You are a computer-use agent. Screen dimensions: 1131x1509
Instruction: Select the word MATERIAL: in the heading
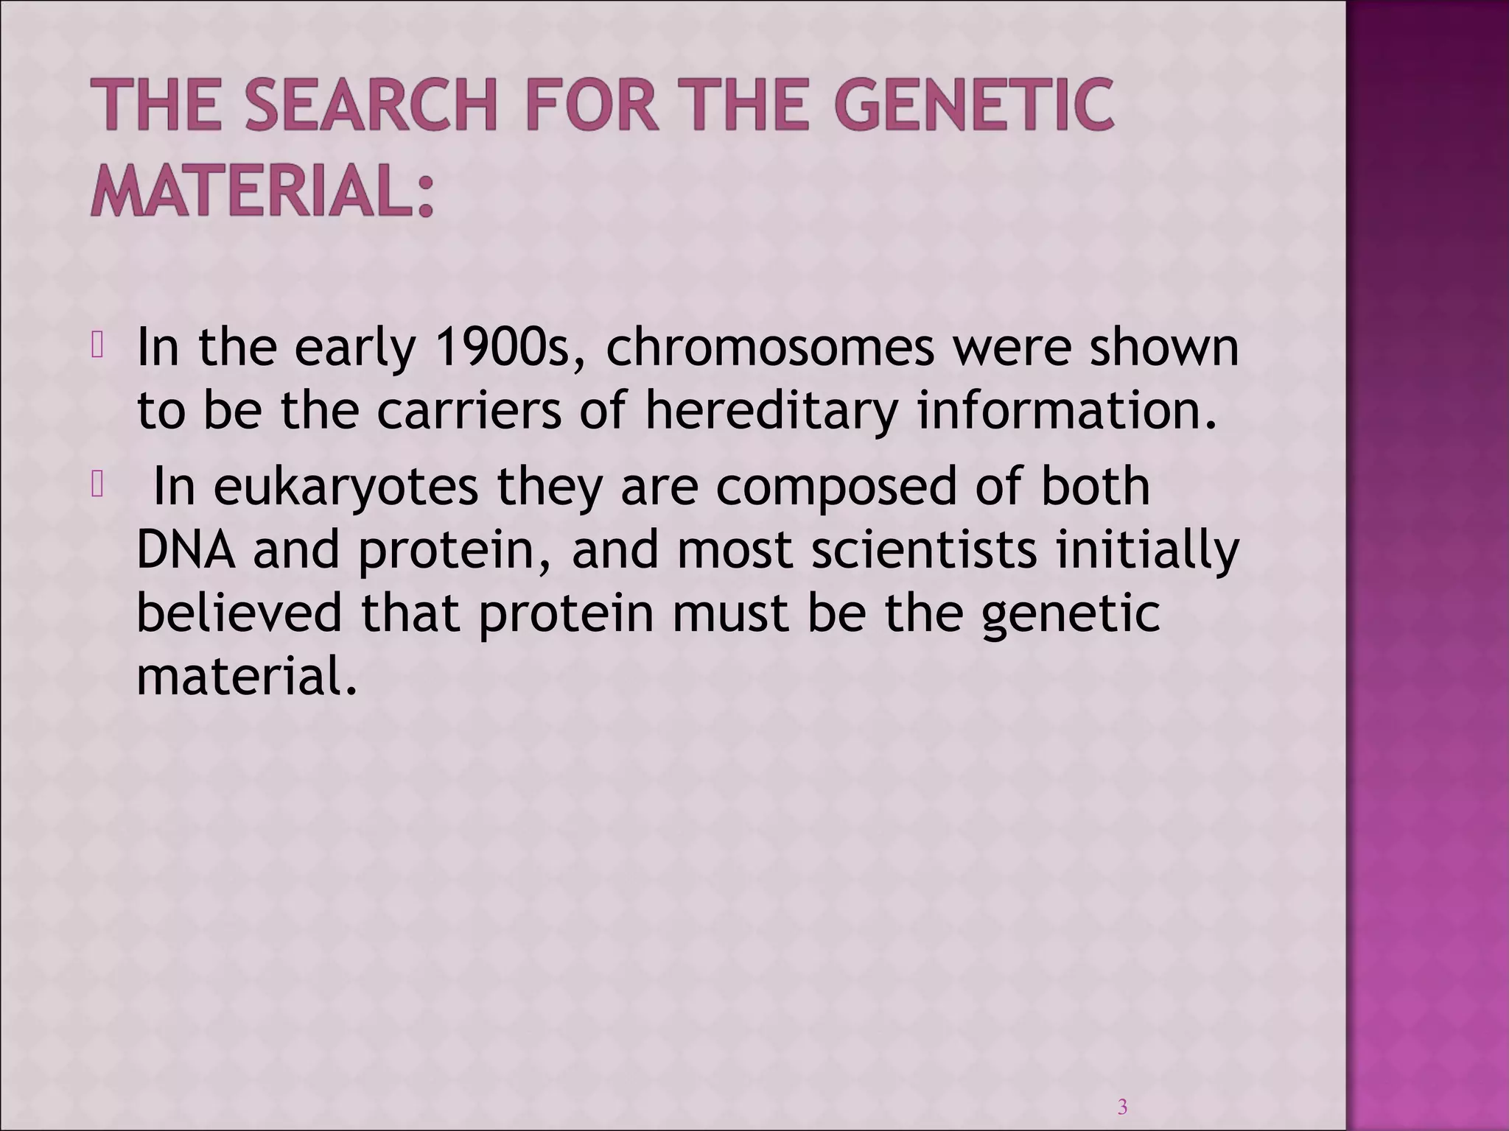click(262, 190)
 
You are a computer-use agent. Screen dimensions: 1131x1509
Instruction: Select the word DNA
click(186, 551)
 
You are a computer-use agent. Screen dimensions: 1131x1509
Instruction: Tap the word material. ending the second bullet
click(247, 675)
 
